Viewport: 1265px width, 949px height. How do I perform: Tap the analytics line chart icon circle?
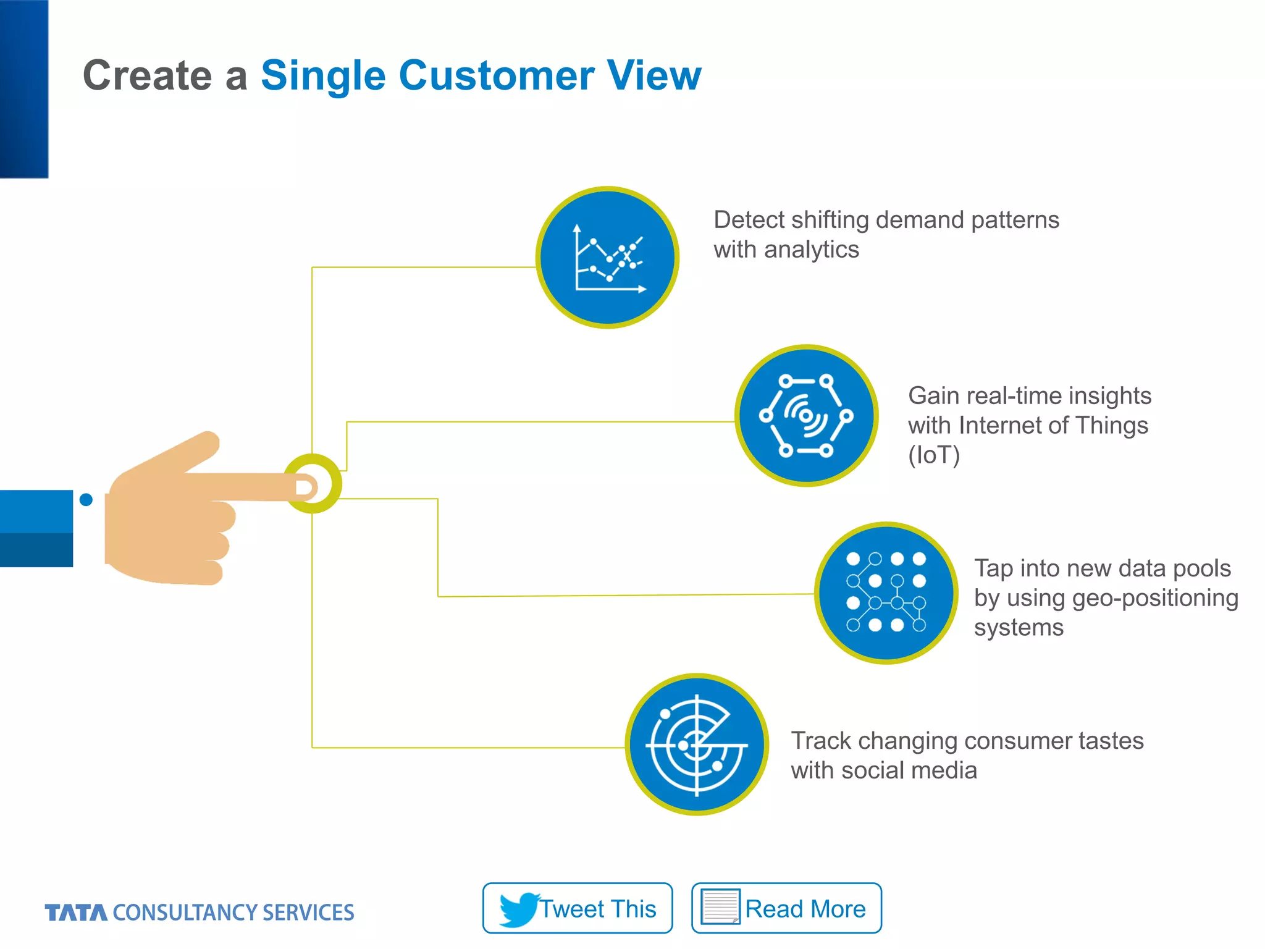(x=608, y=258)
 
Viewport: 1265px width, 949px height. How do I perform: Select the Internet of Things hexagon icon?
(x=806, y=416)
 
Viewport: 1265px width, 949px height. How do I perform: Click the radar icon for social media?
(x=697, y=744)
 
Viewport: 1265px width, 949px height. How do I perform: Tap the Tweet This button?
(x=578, y=908)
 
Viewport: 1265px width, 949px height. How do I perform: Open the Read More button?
(x=786, y=908)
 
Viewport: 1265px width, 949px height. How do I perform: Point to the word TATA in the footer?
(x=75, y=913)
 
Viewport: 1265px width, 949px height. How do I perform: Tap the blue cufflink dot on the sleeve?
(x=86, y=500)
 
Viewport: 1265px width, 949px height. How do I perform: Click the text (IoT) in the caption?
(x=934, y=455)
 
